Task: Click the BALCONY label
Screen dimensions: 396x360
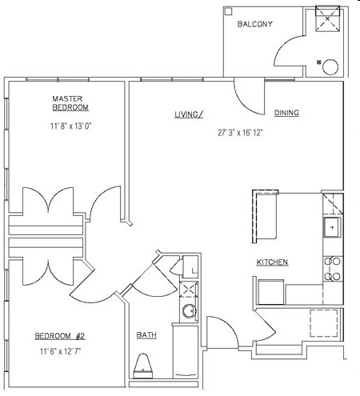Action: pyautogui.click(x=255, y=25)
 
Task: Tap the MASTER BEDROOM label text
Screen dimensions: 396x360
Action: pyautogui.click(x=70, y=102)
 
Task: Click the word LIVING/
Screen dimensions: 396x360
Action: pyautogui.click(x=190, y=114)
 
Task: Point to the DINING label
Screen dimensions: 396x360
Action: pyautogui.click(x=286, y=114)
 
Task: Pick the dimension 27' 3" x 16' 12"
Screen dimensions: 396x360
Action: pyautogui.click(x=240, y=133)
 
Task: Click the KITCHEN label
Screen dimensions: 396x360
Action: pyautogui.click(x=272, y=262)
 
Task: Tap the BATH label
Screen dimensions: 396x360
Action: pyautogui.click(x=146, y=334)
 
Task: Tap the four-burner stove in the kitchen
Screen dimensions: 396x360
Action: pyautogui.click(x=331, y=268)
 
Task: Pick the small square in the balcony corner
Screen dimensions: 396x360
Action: pyautogui.click(x=229, y=11)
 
